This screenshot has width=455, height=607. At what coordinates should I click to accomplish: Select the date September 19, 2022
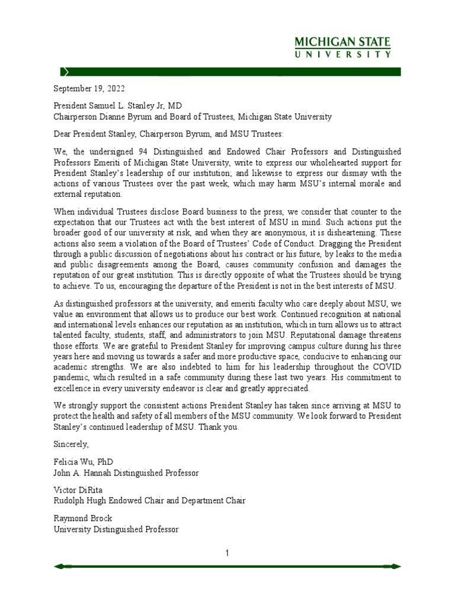(86, 89)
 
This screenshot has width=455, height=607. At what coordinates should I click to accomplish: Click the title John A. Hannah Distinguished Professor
(127, 472)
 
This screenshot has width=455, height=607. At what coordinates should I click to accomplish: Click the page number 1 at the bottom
(227, 554)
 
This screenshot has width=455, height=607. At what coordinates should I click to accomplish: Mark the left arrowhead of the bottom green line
(58, 567)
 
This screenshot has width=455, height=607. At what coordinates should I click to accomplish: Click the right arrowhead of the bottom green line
(396, 567)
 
